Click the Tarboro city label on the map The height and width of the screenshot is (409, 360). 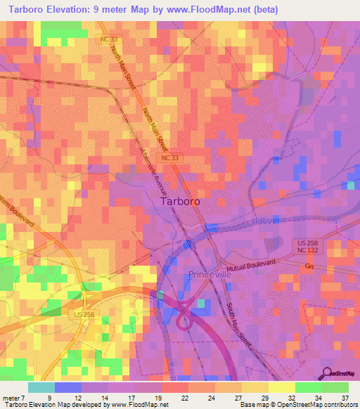coord(180,201)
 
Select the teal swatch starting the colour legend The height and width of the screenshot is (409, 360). coord(41,387)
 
